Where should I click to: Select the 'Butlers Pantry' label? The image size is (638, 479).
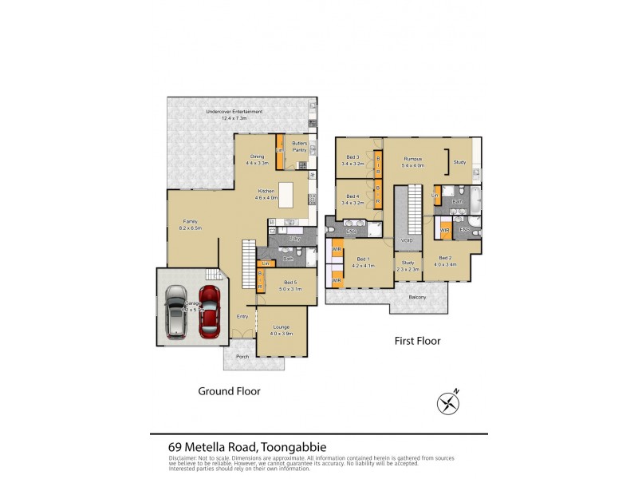(299, 146)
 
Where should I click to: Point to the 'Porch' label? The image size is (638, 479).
(242, 356)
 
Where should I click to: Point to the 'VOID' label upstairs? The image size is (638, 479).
(408, 239)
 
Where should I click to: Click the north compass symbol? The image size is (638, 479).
(448, 403)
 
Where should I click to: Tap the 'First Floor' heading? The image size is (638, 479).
(418, 341)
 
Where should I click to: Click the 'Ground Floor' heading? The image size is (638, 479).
(229, 391)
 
